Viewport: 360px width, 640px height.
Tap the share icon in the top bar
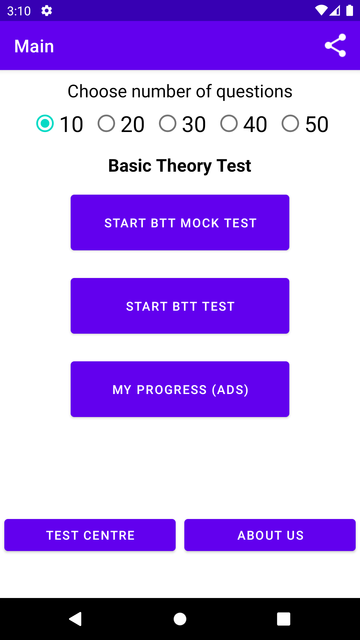[335, 45]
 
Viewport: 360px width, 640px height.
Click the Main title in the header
[34, 46]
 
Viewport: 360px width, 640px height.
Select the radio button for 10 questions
[45, 123]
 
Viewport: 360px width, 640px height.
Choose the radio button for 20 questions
[106, 123]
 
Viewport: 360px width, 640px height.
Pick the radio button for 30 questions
[168, 123]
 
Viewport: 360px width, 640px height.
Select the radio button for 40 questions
[229, 123]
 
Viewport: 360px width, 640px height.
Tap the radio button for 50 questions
[290, 123]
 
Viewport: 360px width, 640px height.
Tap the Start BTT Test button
[180, 306]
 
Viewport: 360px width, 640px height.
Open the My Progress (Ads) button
[180, 389]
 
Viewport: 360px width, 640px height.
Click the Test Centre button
[90, 535]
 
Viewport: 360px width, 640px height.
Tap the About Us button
[270, 535]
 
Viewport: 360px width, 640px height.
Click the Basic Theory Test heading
[180, 166]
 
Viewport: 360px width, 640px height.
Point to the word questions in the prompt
[254, 92]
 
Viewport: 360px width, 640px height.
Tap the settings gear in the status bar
[47, 11]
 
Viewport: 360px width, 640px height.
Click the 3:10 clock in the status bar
[19, 11]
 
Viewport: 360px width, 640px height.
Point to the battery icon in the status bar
[350, 10]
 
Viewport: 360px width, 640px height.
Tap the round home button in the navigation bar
[180, 619]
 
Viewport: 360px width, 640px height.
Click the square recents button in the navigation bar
[284, 619]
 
